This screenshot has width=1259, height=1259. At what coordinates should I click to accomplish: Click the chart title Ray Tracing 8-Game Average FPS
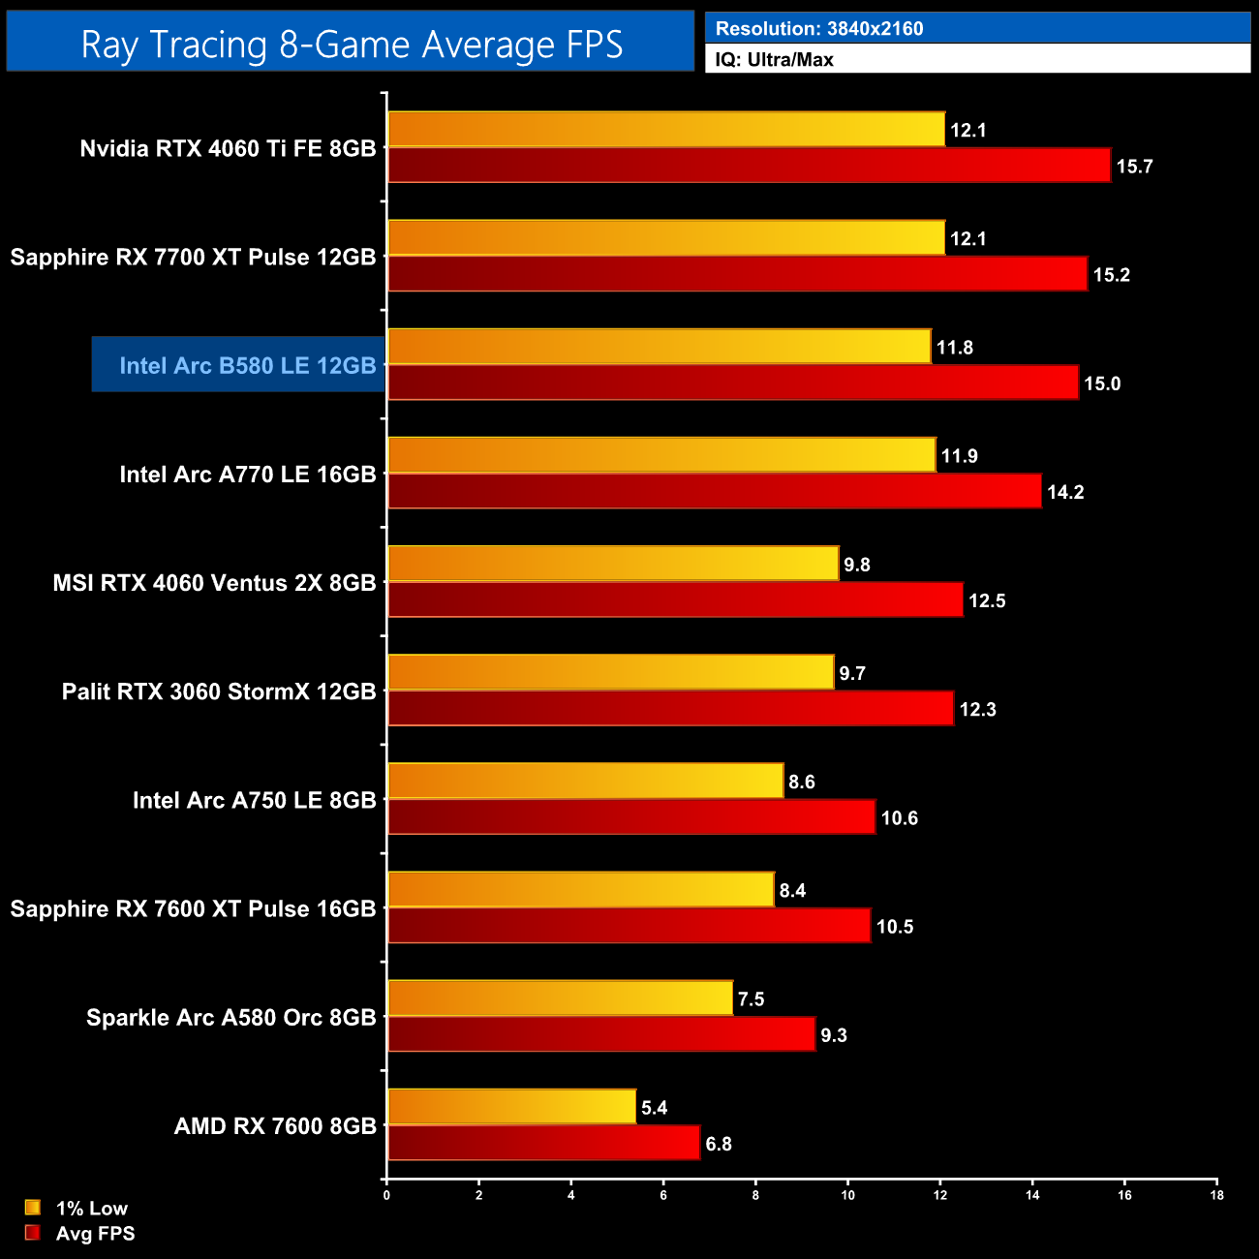351,45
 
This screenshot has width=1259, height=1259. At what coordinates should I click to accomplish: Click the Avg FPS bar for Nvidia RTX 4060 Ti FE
749,166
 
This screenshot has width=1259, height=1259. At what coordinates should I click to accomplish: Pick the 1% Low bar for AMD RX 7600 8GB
511,1106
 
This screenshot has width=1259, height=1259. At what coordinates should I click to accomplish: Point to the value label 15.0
1102,384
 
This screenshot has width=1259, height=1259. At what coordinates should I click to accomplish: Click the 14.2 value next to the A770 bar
1065,492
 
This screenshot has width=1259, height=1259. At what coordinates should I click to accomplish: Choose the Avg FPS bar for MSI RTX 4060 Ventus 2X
675,600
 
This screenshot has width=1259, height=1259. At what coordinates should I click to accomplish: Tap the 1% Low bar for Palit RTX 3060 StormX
610,672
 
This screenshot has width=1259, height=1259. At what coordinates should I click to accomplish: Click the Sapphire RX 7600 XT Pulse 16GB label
193,909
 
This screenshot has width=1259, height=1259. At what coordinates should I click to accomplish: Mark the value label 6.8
719,1144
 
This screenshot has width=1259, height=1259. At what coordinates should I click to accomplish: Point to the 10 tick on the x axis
847,1195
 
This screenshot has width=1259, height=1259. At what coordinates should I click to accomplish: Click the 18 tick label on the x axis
1216,1195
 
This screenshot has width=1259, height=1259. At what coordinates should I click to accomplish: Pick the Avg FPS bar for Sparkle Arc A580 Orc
601,1034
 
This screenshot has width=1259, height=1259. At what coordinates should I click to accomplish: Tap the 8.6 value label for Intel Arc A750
802,782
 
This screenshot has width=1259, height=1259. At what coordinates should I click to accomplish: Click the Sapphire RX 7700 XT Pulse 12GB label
193,258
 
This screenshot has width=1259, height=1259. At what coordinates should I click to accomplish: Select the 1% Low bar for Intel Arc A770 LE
661,455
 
